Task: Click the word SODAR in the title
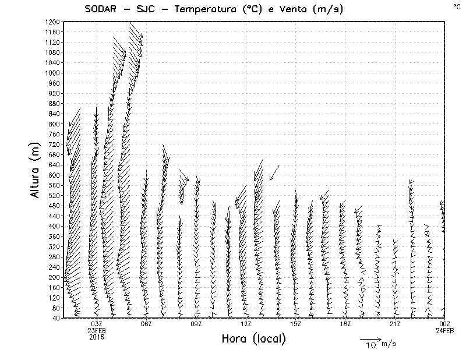(100, 9)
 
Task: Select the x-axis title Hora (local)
(254, 338)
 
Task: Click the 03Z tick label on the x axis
(97, 324)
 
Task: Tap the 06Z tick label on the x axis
(146, 324)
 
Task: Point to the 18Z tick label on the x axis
(345, 324)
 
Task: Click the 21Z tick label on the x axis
(395, 324)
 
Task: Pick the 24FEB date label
(444, 330)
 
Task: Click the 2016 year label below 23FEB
(97, 337)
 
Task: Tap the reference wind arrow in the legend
(370, 338)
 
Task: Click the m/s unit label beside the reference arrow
(389, 343)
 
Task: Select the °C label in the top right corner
(456, 6)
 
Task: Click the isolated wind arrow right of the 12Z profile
(274, 172)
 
